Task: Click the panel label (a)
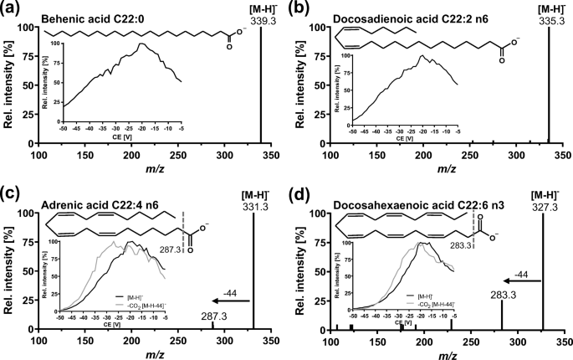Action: pyautogui.click(x=10, y=7)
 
